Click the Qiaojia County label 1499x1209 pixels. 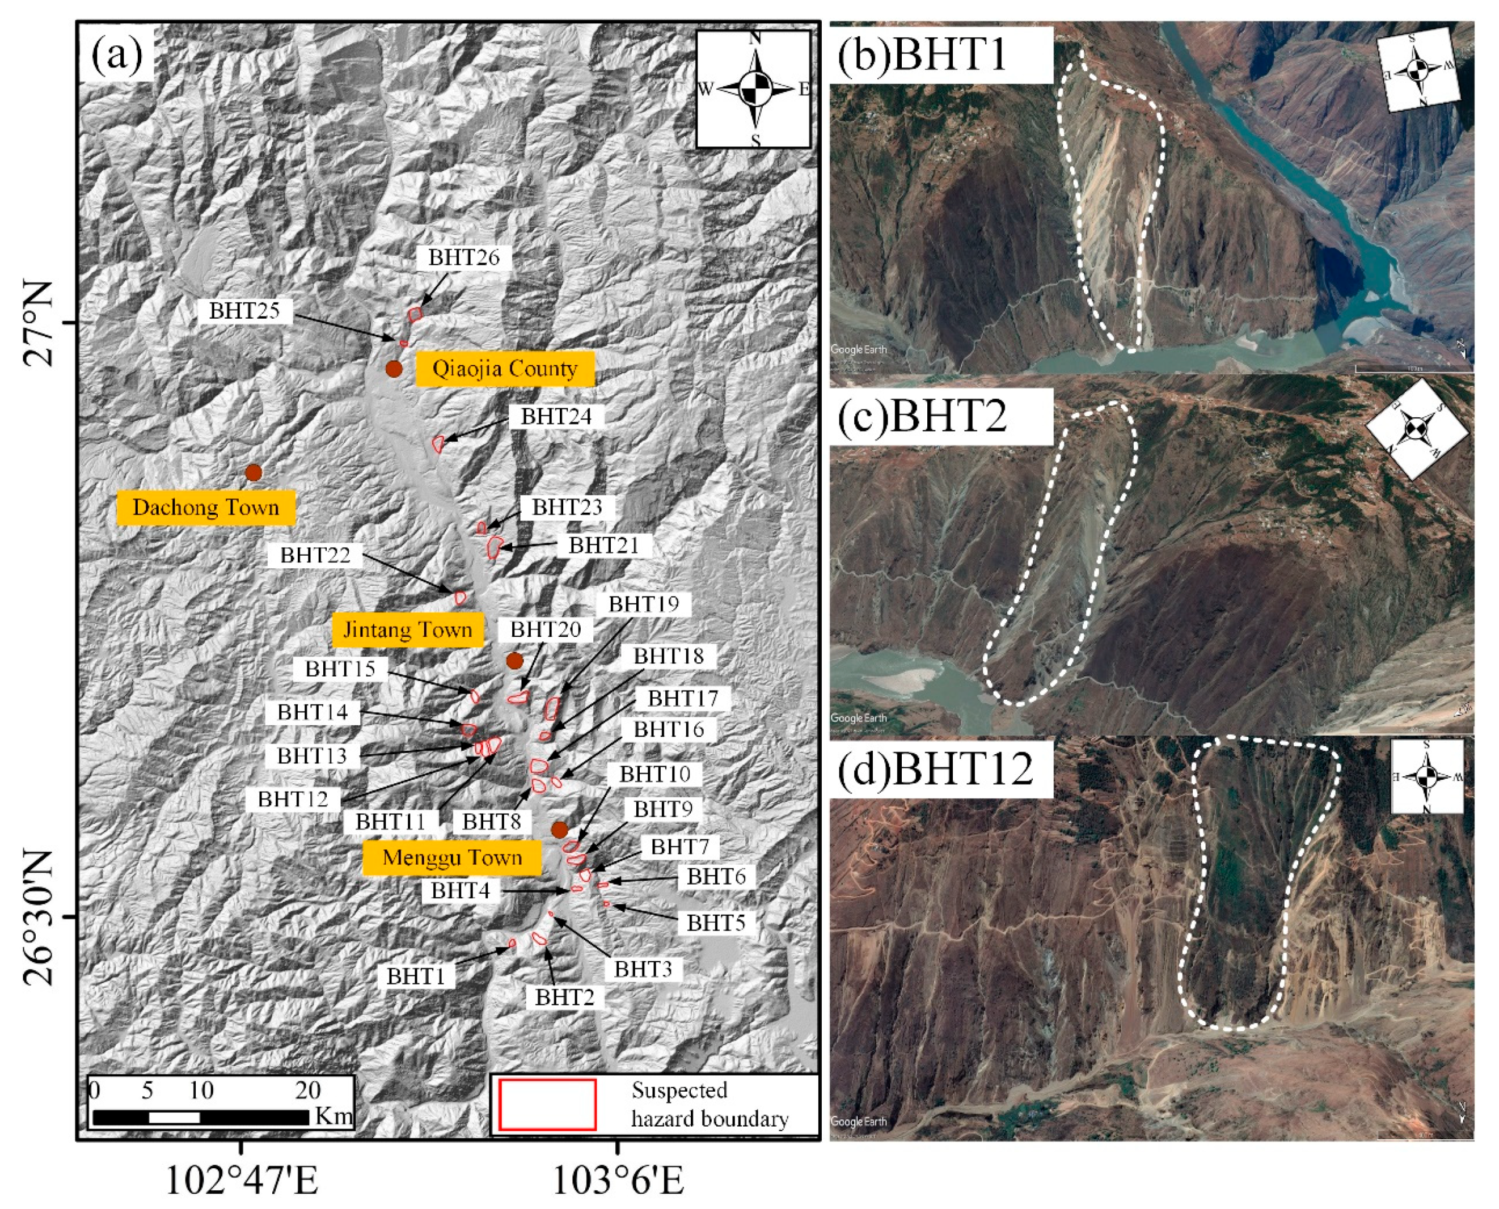(x=504, y=369)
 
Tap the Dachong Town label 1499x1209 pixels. (x=205, y=507)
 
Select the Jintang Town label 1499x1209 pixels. (x=407, y=630)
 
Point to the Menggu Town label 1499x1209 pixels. (x=452, y=857)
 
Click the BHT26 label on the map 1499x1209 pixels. (x=464, y=257)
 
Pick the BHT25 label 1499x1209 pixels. (x=244, y=311)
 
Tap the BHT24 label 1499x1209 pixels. (x=556, y=416)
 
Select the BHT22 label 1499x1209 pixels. (x=315, y=555)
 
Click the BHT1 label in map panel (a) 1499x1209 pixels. (x=416, y=976)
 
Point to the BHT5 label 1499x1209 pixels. (x=716, y=923)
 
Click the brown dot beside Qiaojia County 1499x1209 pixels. (x=394, y=369)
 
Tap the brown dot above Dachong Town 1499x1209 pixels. (x=254, y=473)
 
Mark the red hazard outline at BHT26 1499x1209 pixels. (x=415, y=315)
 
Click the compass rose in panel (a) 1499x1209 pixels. (x=754, y=89)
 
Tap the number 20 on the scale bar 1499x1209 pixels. (x=308, y=1090)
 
